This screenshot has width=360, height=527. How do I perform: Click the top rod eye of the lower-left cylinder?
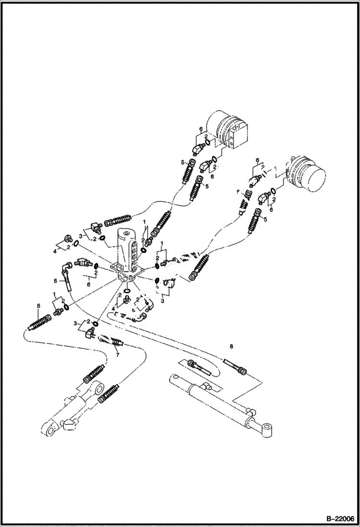[98, 387]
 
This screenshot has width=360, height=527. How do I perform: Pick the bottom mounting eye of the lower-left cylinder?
[48, 429]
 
